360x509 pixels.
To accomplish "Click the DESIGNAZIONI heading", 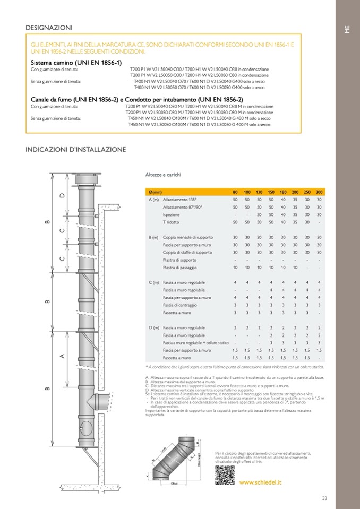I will (x=49, y=28).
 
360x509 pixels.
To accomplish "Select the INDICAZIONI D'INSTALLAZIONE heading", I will (x=75, y=150).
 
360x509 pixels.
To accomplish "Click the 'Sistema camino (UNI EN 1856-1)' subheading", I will (x=73, y=63).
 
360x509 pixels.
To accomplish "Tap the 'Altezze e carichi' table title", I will (x=164, y=174).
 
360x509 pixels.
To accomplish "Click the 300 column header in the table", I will (x=319, y=192).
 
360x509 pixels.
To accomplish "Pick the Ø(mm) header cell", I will (x=156, y=192).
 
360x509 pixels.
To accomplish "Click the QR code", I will (x=225, y=475).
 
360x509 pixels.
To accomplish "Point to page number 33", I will (x=324, y=498).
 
